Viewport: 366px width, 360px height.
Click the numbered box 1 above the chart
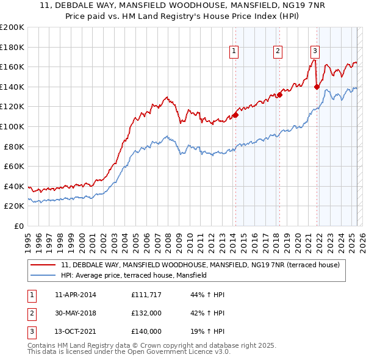coord(234,51)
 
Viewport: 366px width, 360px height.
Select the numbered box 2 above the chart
coord(278,51)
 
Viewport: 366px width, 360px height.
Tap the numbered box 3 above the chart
coord(315,51)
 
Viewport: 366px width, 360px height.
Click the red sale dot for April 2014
coord(235,115)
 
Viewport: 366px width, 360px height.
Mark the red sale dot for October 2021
coord(317,87)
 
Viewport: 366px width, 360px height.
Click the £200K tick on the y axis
coord(12,27)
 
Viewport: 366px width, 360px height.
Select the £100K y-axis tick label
coord(12,126)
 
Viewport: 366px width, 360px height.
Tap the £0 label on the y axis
coord(18,226)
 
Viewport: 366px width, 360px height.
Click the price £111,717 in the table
coord(146,295)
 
